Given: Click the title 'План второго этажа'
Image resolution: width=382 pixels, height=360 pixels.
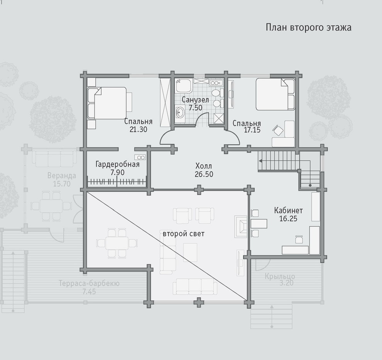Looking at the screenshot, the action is [x=308, y=27].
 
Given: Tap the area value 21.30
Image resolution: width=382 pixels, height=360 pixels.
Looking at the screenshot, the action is [x=139, y=129].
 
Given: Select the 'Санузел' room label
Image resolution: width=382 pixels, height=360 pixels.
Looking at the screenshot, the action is [x=195, y=100].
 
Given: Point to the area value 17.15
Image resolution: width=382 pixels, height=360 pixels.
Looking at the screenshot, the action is [x=252, y=130].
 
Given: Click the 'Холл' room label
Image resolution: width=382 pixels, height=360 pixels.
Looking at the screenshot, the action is [x=204, y=166].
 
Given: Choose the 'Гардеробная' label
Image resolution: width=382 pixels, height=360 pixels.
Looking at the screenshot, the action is [x=117, y=165].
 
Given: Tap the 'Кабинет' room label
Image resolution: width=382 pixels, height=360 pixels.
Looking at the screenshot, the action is [x=289, y=210].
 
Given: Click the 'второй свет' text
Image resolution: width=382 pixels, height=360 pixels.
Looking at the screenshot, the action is [x=183, y=234].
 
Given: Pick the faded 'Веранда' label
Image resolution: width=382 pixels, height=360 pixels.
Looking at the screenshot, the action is [x=62, y=176].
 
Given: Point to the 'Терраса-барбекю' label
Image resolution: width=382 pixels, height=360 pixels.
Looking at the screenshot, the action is [x=89, y=284].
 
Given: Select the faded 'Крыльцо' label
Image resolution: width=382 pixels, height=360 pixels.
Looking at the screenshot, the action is [x=280, y=277].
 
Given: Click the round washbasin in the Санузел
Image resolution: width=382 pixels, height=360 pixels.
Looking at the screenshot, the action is [x=180, y=112].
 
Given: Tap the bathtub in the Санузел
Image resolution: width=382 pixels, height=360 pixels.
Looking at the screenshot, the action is [x=184, y=85].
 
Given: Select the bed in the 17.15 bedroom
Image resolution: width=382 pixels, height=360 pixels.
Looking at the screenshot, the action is [x=275, y=94].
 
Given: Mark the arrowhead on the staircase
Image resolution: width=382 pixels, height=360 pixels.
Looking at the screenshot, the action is [x=260, y=161].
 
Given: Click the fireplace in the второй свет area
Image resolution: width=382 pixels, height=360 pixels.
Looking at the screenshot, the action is [x=241, y=226].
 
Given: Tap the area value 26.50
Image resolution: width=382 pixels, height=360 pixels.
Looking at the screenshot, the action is [x=204, y=174].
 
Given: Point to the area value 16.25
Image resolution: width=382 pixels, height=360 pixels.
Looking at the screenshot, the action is [x=288, y=219].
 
